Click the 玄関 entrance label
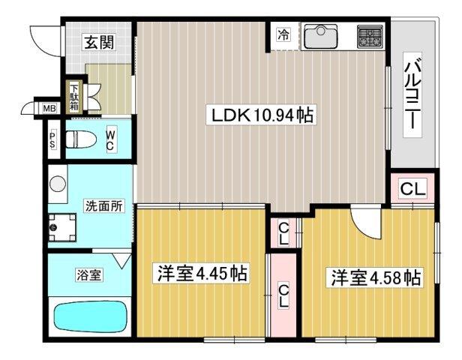point(98,42)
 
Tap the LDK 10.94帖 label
point(262,115)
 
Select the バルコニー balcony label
point(412,94)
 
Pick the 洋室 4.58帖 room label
point(373,277)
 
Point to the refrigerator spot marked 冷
point(283,34)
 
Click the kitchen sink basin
point(320,35)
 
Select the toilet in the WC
point(80,138)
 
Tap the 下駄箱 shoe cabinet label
point(75,96)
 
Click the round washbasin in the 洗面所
point(58,183)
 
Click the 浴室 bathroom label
point(89,274)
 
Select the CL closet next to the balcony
point(412,189)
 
